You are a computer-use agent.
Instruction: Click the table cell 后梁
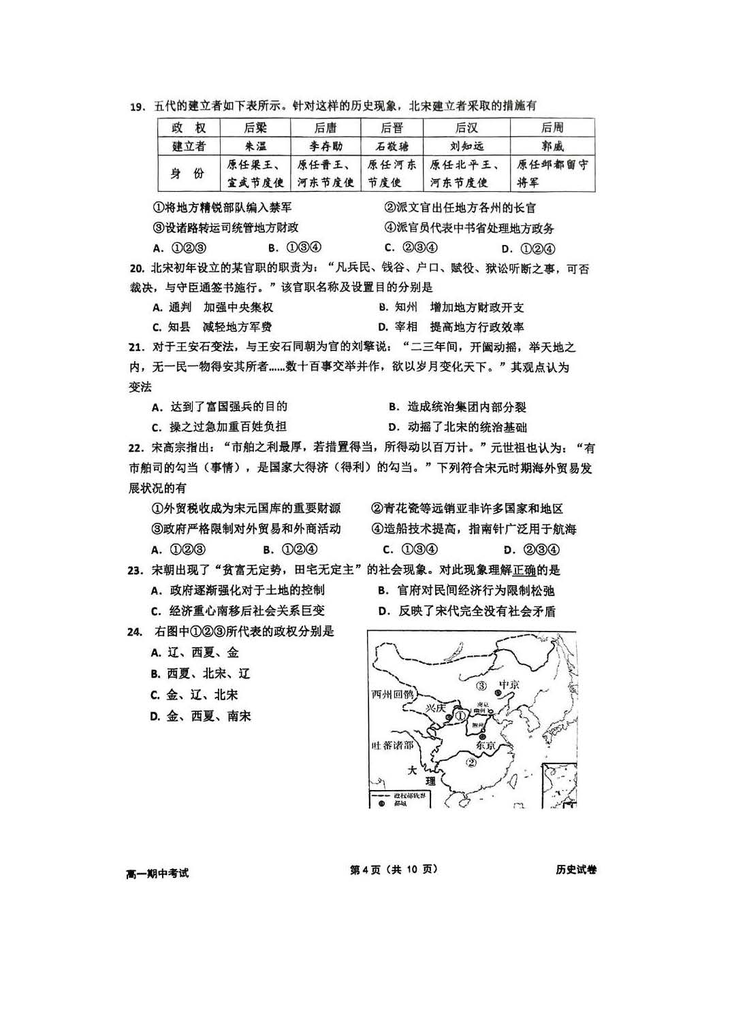pos(255,127)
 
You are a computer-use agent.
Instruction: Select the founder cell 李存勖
pos(325,146)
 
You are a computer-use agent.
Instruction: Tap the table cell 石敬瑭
pos(392,146)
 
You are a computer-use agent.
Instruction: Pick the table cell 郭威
pos(552,146)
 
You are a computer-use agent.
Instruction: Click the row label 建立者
pos(189,146)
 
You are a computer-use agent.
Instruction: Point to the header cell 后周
pos(552,127)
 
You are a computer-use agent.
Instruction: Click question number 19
pos(138,106)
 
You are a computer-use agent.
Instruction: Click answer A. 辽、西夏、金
pos(195,653)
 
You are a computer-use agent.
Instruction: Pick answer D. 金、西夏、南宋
pos(200,717)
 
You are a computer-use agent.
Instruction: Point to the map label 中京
pos(509,684)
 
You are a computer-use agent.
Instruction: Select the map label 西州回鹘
pos(392,694)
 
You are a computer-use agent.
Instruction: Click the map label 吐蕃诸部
pos(392,745)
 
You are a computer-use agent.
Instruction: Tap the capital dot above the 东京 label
pos(482,736)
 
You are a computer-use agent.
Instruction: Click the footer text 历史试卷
pos(575,870)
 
